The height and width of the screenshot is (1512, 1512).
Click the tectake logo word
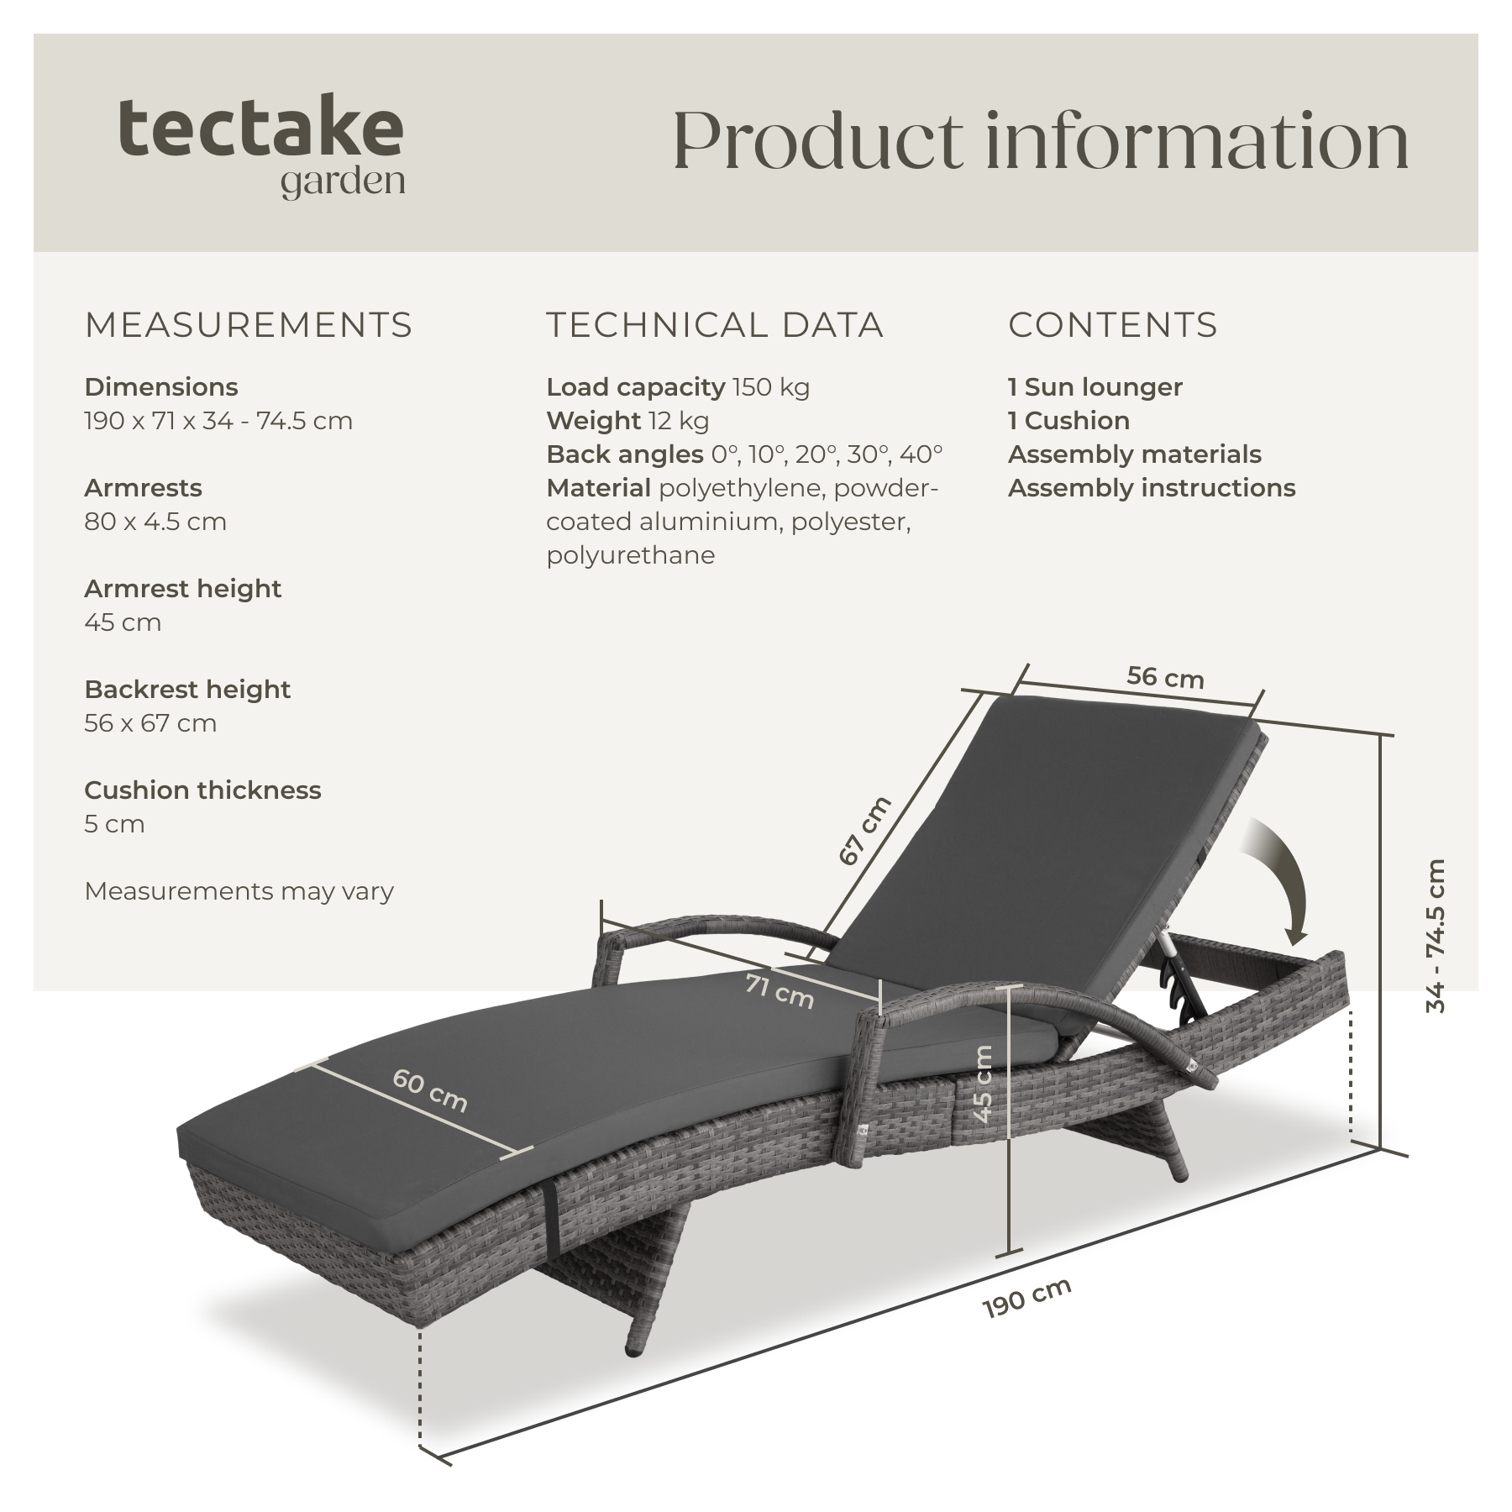click(x=261, y=128)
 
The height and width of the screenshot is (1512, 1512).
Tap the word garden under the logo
click(x=343, y=182)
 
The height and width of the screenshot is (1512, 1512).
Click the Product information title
click(x=1041, y=140)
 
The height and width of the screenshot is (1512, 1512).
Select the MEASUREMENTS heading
click(x=249, y=325)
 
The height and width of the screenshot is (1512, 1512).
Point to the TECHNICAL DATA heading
click(x=715, y=325)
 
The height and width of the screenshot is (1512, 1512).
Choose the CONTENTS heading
click(x=1113, y=325)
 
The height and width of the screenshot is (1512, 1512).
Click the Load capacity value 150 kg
click(x=771, y=387)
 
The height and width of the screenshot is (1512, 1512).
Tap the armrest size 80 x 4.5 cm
click(x=155, y=522)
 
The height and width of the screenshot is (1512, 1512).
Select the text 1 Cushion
click(x=1068, y=421)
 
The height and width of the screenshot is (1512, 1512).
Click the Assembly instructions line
click(x=1152, y=488)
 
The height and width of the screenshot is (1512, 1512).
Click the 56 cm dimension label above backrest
click(x=1165, y=678)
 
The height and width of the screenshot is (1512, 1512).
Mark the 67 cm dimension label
click(x=865, y=830)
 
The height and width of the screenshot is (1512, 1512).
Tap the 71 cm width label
click(x=780, y=990)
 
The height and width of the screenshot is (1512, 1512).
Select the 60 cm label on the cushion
click(x=429, y=1090)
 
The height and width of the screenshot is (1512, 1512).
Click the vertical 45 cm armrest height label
click(x=984, y=1084)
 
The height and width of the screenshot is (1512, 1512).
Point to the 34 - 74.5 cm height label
click(x=1436, y=936)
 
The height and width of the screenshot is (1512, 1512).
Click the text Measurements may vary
click(x=239, y=891)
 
